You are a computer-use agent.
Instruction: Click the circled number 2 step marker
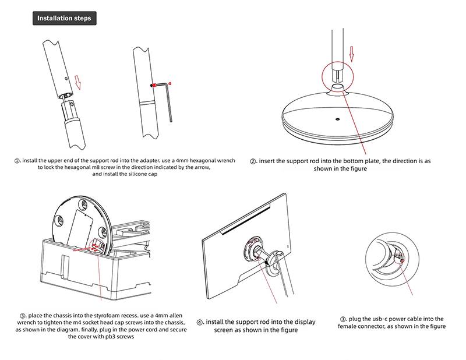tap(253, 161)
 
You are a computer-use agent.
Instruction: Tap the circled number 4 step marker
tap(200, 322)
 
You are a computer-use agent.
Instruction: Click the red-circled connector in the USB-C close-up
tap(400, 257)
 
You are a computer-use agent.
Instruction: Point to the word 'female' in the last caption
tap(348, 326)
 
